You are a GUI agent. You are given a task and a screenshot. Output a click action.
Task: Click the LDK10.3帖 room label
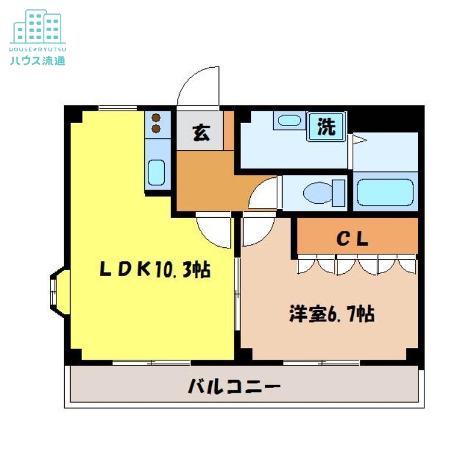coord(154,270)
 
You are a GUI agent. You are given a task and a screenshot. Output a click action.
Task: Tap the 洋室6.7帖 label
coord(331,314)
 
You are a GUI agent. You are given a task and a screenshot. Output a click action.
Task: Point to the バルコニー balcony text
coord(234,387)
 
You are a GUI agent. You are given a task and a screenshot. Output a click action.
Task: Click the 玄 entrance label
coord(201,133)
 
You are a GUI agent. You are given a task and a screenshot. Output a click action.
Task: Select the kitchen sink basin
coord(156,172)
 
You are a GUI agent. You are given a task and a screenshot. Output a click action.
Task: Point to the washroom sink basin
coord(288,121)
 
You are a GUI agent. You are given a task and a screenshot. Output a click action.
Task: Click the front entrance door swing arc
coord(197,88)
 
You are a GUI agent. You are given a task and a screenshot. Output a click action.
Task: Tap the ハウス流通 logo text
coord(38,59)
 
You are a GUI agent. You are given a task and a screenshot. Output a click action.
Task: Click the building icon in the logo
coord(38,26)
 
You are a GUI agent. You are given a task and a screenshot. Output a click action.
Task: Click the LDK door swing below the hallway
coord(215,231)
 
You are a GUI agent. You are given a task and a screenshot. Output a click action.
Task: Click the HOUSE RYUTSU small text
coord(38,45)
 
